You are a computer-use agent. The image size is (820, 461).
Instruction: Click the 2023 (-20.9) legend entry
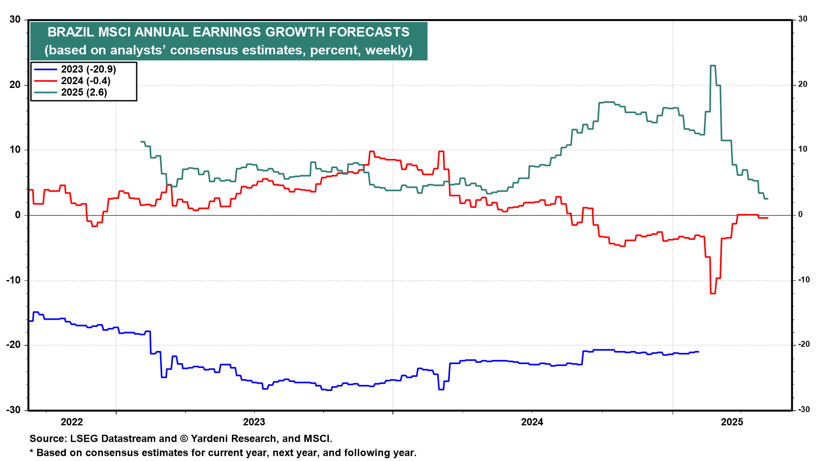point(88,69)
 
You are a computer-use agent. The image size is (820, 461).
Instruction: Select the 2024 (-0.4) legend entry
point(85,81)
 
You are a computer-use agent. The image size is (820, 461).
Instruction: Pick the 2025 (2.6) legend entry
point(84,92)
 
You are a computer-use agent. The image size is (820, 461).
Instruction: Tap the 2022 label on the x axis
point(72,422)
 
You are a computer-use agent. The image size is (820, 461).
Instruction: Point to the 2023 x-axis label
point(254,422)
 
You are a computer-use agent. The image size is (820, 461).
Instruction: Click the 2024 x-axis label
point(532,422)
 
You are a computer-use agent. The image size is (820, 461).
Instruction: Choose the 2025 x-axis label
point(732,422)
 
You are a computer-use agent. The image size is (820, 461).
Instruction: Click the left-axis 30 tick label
point(15,19)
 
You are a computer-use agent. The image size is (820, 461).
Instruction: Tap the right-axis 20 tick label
point(803,85)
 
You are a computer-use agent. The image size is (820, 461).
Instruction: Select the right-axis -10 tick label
point(804,280)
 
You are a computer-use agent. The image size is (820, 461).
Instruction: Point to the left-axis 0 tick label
point(18,215)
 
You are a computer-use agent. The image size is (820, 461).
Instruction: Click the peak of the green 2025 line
point(713,66)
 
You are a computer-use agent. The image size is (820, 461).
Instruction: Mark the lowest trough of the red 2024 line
point(713,293)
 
